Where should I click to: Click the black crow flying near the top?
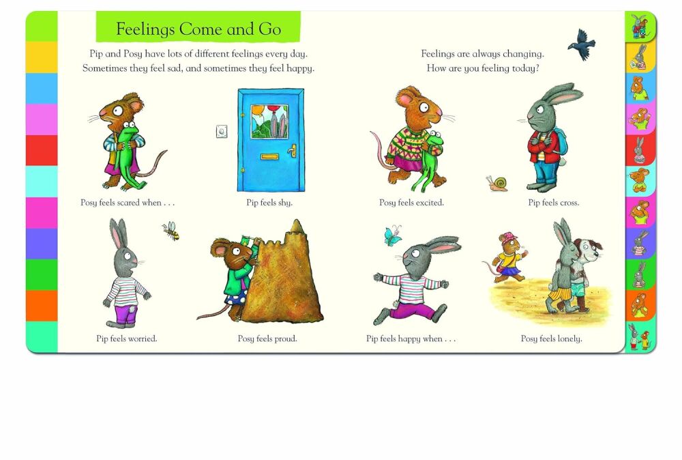click(x=582, y=44)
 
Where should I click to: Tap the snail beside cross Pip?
click(x=497, y=184)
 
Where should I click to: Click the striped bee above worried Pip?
click(x=171, y=231)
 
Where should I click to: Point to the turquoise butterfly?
click(x=392, y=235)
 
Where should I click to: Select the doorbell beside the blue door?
click(x=222, y=131)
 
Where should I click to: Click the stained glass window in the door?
click(x=269, y=121)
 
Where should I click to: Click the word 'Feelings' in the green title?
click(x=145, y=29)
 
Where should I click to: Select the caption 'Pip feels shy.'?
click(x=269, y=203)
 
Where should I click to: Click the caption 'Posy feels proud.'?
click(x=267, y=339)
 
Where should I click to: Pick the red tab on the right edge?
click(x=640, y=150)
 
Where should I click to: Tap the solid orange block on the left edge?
click(x=42, y=306)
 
